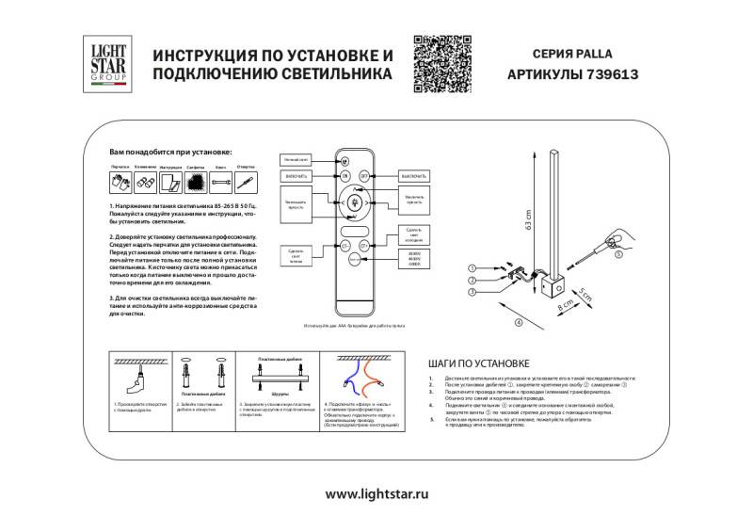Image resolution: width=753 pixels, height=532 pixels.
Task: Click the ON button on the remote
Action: (344, 176)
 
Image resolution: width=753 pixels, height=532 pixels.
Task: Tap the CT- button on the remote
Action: (344, 244)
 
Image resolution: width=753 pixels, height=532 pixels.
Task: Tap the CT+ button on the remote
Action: (366, 244)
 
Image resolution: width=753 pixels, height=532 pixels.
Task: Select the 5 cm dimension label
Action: (586, 294)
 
